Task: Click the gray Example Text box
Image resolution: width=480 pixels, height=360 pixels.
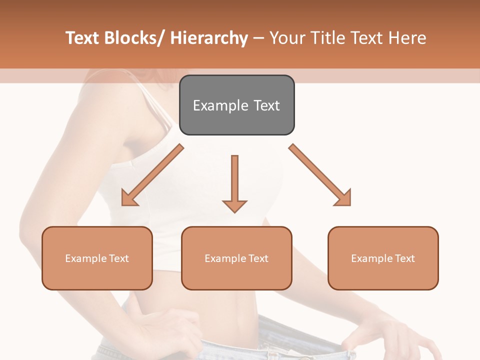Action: (x=236, y=105)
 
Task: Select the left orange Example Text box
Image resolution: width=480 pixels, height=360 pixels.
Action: (x=97, y=258)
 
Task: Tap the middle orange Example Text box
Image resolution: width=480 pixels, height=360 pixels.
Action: (x=236, y=258)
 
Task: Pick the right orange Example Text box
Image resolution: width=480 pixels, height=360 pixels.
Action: (x=383, y=258)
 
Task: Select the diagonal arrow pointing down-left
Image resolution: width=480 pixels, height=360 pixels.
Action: (x=152, y=175)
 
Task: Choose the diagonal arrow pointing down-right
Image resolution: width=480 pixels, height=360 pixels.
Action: (x=319, y=175)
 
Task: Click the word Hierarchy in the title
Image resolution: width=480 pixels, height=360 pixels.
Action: (x=209, y=38)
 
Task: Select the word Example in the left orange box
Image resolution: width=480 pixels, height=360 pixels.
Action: (x=85, y=258)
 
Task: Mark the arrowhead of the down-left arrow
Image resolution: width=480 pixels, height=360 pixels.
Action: (x=129, y=198)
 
